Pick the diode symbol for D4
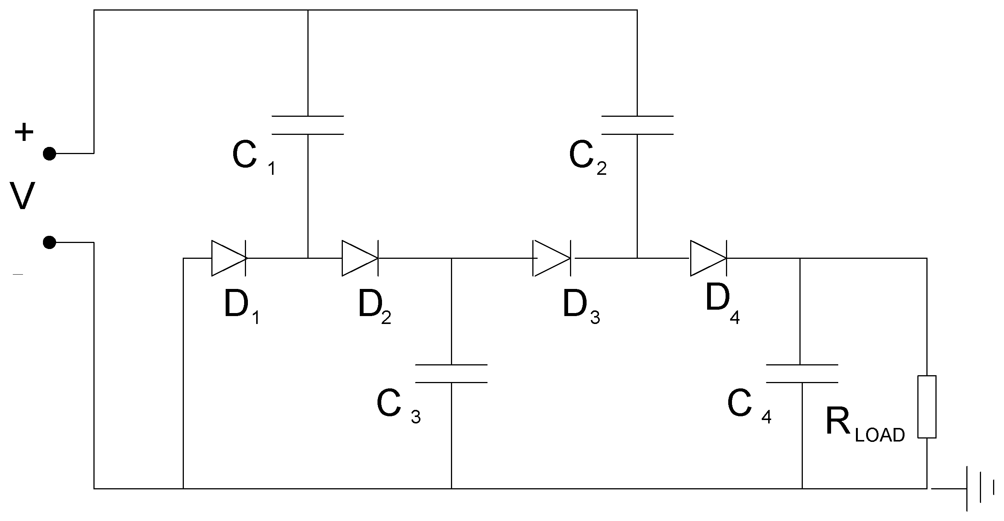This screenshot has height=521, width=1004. point(708,258)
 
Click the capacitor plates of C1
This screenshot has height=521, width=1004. point(307,125)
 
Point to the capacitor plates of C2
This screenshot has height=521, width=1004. point(637,125)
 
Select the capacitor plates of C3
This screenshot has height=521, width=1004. point(451,374)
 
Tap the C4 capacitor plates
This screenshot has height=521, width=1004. point(802,374)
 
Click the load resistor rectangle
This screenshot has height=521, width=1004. point(927,407)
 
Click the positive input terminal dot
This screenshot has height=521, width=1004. point(49,154)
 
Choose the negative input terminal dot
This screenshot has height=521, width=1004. point(49,242)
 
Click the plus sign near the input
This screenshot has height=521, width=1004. point(24,132)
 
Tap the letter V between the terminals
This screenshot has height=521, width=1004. point(22,196)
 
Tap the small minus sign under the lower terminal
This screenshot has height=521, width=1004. point(18,275)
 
